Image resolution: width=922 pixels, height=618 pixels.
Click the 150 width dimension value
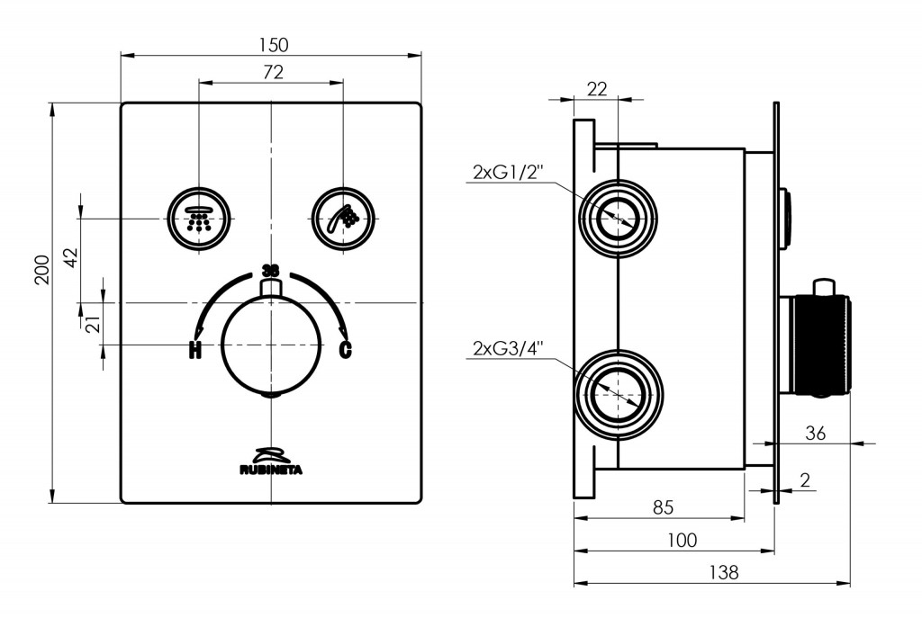pos(270,44)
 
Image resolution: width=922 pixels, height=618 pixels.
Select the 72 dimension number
pos(271,73)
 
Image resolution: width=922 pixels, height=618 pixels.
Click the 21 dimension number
pos(92,323)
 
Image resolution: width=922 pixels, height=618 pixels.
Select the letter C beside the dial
pos(345,350)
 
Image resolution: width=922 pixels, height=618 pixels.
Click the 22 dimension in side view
pos(597,88)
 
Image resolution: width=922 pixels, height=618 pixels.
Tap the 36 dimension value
pos(815,433)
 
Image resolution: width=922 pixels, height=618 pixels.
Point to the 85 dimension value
pos(663,508)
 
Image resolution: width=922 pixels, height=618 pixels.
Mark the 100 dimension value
pos(682,540)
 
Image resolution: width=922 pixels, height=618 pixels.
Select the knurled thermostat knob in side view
pos(819,345)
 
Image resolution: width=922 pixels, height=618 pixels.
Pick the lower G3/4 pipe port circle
pos(619,394)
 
